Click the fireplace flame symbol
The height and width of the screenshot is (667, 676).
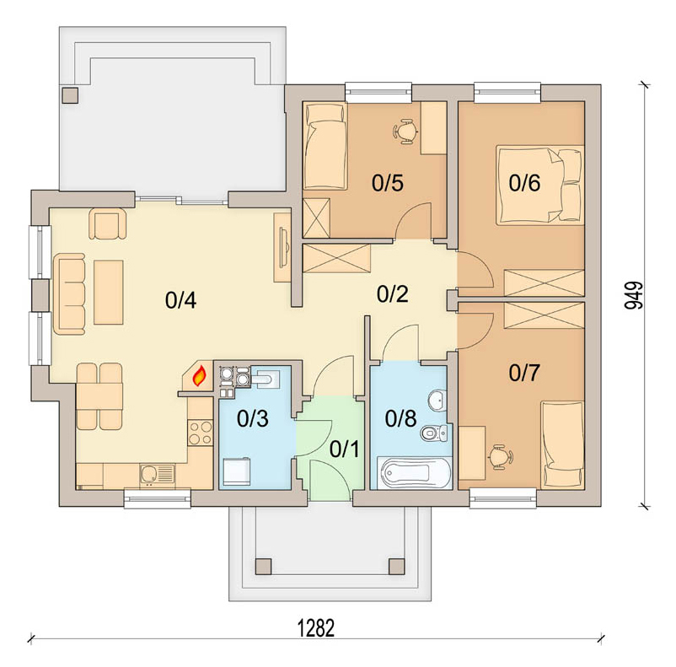pyautogui.click(x=199, y=376)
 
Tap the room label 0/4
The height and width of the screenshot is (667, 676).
pyautogui.click(x=180, y=300)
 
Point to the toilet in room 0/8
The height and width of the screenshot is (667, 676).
pyautogui.click(x=434, y=433)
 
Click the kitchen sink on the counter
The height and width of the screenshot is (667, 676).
pyautogui.click(x=157, y=475)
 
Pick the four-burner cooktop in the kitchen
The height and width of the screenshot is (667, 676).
pyautogui.click(x=201, y=433)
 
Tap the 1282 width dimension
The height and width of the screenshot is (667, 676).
pyautogui.click(x=316, y=628)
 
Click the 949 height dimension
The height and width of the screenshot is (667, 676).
pyautogui.click(x=633, y=295)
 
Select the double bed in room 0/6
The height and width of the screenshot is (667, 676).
pyautogui.click(x=539, y=185)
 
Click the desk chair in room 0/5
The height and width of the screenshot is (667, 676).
pyautogui.click(x=405, y=132)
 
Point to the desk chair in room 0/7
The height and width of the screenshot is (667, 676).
pyautogui.click(x=499, y=456)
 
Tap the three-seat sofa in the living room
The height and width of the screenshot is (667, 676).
pyautogui.click(x=69, y=293)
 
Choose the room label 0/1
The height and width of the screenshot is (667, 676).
pyautogui.click(x=345, y=449)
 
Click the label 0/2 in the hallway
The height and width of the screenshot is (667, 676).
pyautogui.click(x=392, y=293)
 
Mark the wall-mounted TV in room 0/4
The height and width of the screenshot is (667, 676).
pyautogui.click(x=284, y=248)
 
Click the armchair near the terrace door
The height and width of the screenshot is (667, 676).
pyautogui.click(x=108, y=223)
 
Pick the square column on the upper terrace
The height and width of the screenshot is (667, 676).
pyautogui.click(x=70, y=95)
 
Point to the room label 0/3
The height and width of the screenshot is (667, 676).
pyautogui.click(x=253, y=418)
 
